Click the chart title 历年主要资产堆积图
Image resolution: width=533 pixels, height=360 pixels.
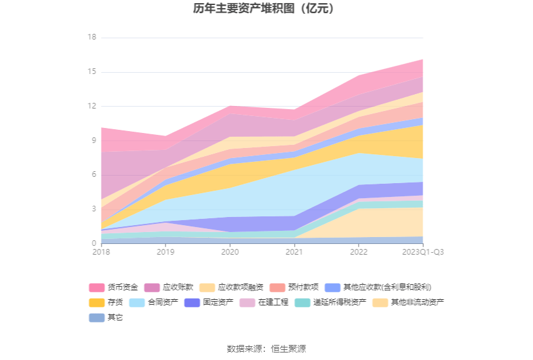point(266,9)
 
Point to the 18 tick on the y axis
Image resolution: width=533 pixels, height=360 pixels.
point(92,38)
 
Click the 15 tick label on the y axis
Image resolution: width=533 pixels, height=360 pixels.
point(92,72)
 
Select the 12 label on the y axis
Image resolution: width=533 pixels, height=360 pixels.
point(92,106)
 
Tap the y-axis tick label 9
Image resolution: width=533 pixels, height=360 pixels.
point(93,140)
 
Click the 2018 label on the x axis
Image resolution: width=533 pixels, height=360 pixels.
point(100,252)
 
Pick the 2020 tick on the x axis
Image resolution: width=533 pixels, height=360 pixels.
point(230,252)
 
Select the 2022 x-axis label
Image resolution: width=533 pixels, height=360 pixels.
point(359,252)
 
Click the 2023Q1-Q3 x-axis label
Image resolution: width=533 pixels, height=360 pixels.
point(423,252)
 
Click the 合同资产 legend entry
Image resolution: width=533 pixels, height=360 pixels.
point(162,302)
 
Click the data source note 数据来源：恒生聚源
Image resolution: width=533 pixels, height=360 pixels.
point(266,349)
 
